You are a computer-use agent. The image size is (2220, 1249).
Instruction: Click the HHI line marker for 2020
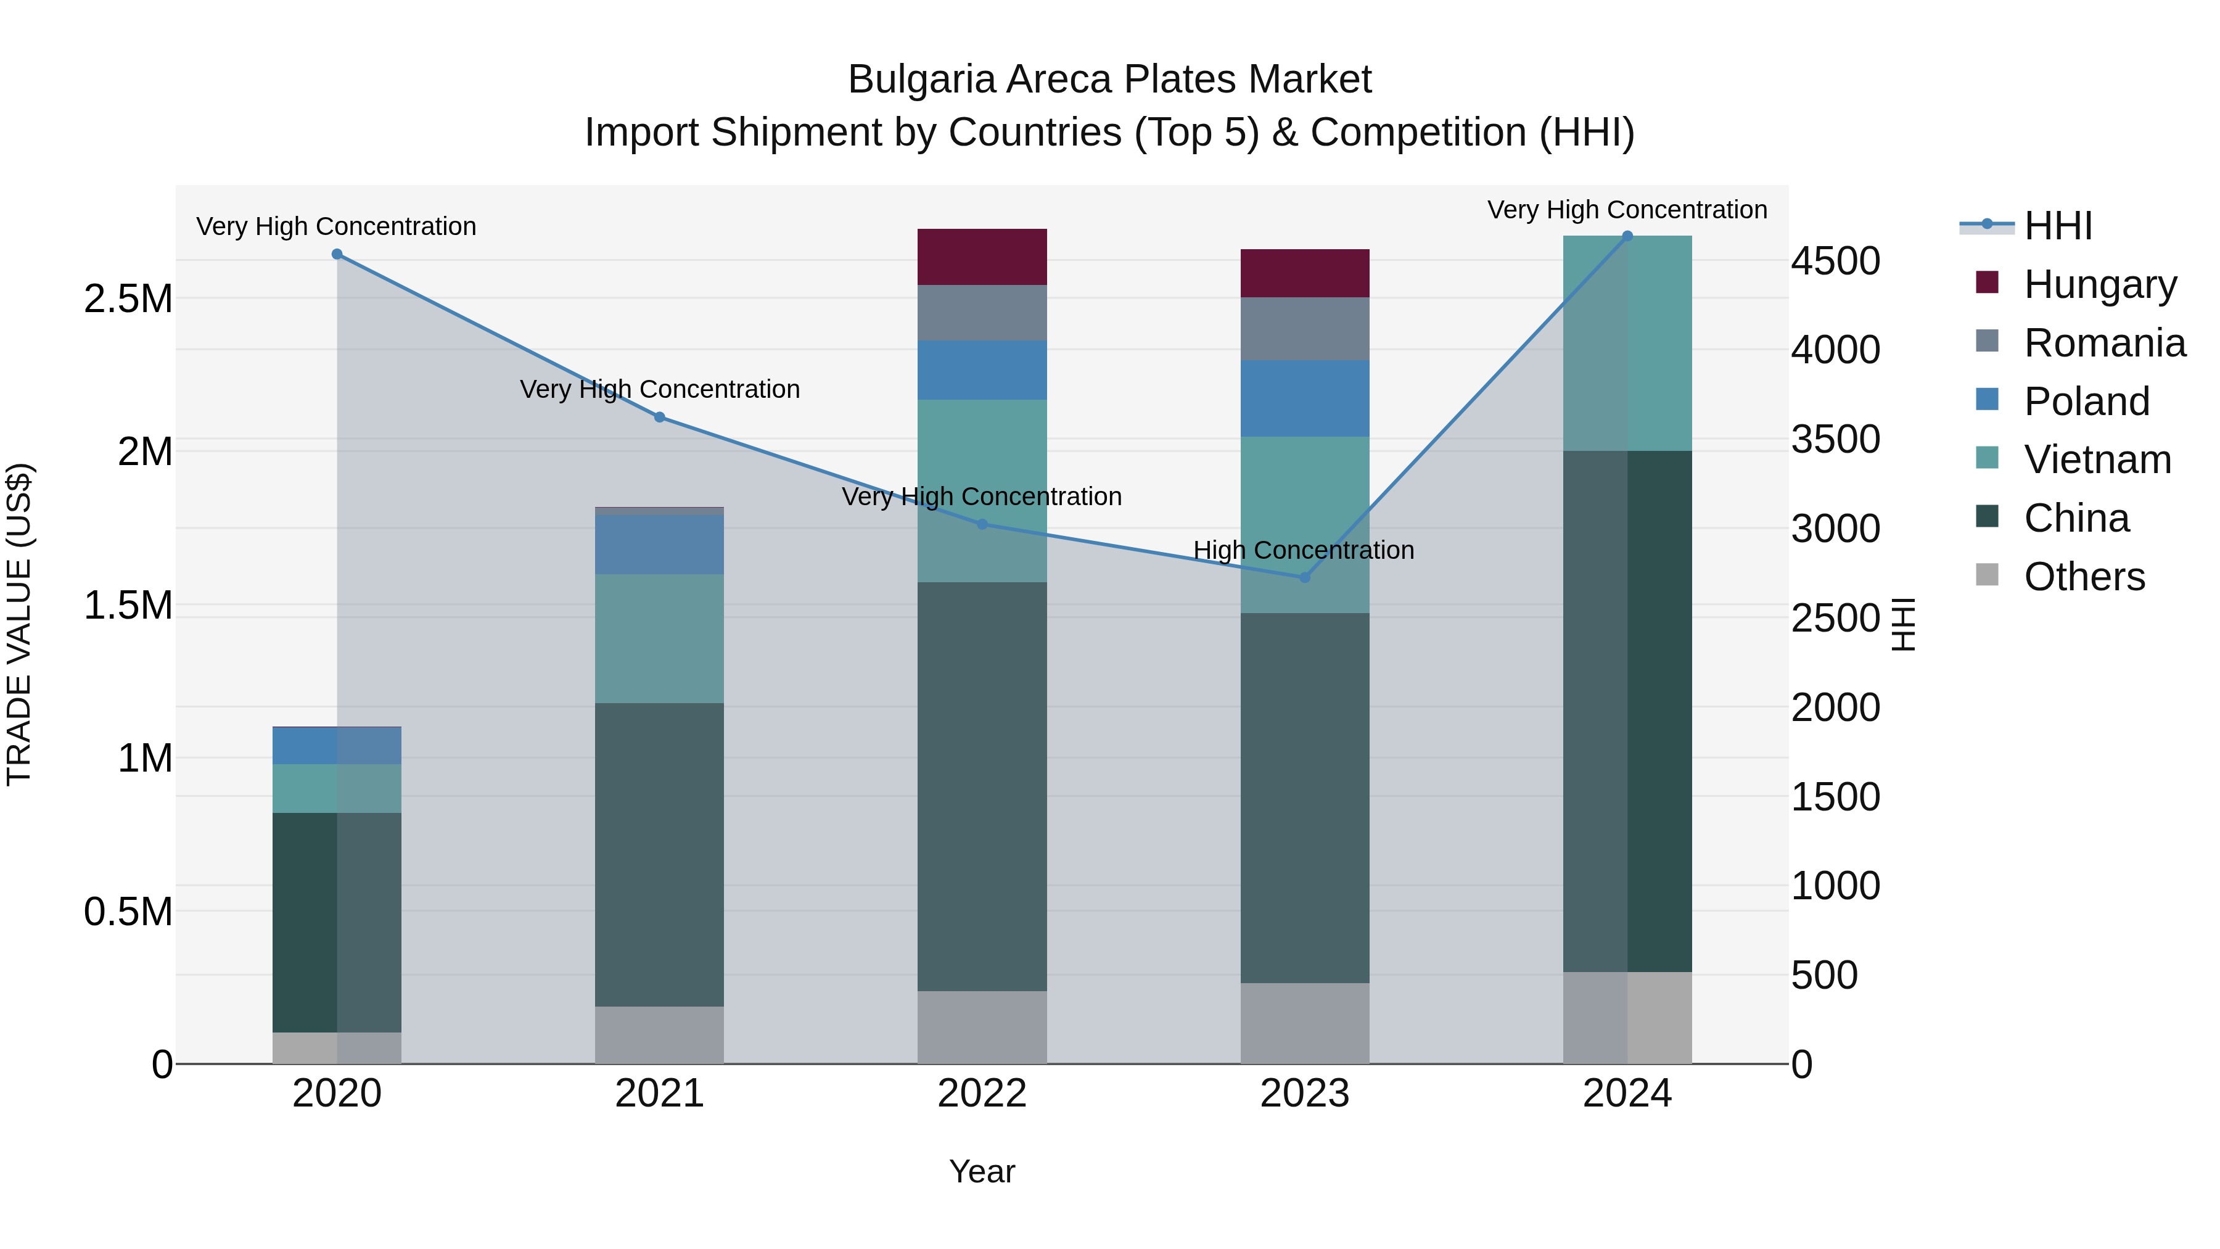click(x=337, y=254)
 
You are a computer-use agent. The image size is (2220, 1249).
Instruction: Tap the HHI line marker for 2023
click(x=1305, y=577)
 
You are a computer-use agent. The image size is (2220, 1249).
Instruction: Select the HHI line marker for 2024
click(x=1627, y=236)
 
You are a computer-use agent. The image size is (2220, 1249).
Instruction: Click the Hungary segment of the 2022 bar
click(x=982, y=257)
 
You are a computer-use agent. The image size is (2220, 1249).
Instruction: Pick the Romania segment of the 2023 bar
click(x=1305, y=328)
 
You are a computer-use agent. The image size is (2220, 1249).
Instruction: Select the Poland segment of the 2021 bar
click(x=659, y=545)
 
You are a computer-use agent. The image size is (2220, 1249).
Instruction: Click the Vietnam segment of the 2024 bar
click(x=1627, y=343)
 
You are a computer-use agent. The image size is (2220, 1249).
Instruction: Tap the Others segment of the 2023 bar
click(x=1305, y=1023)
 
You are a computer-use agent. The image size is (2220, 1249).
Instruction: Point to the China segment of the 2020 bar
click(x=337, y=922)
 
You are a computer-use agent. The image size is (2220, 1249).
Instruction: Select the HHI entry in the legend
click(x=2057, y=226)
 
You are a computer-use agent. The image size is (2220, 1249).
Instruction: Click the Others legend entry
click(x=2084, y=577)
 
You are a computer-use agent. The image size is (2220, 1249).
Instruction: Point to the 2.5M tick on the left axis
click(x=128, y=299)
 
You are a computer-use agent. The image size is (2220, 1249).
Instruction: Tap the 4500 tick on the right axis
click(x=1835, y=261)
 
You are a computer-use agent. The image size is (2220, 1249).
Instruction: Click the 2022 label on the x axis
click(x=982, y=1094)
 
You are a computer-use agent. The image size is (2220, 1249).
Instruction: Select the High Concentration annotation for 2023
click(x=1303, y=550)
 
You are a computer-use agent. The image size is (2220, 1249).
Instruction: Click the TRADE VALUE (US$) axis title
click(x=19, y=624)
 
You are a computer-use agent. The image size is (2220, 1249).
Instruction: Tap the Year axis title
click(x=982, y=1171)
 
